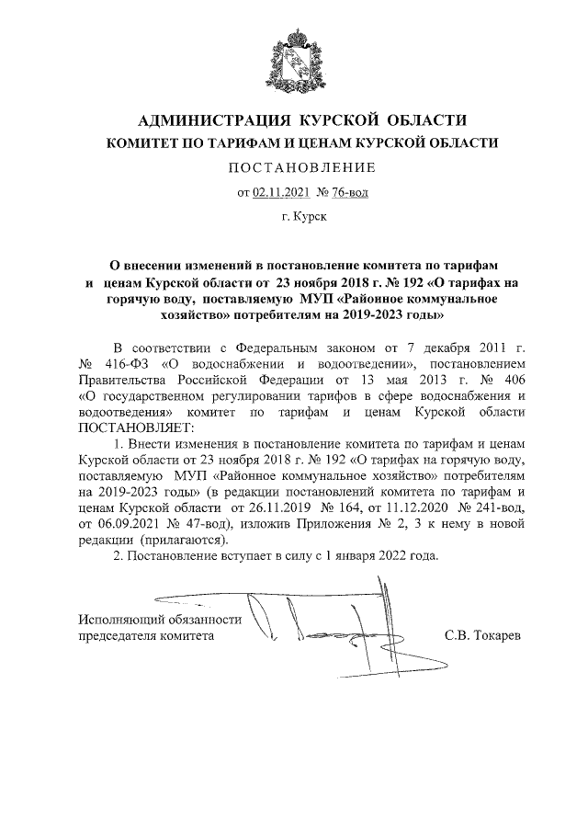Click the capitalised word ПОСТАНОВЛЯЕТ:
(136, 427)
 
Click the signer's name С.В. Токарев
(481, 635)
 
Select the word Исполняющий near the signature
(119, 620)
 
